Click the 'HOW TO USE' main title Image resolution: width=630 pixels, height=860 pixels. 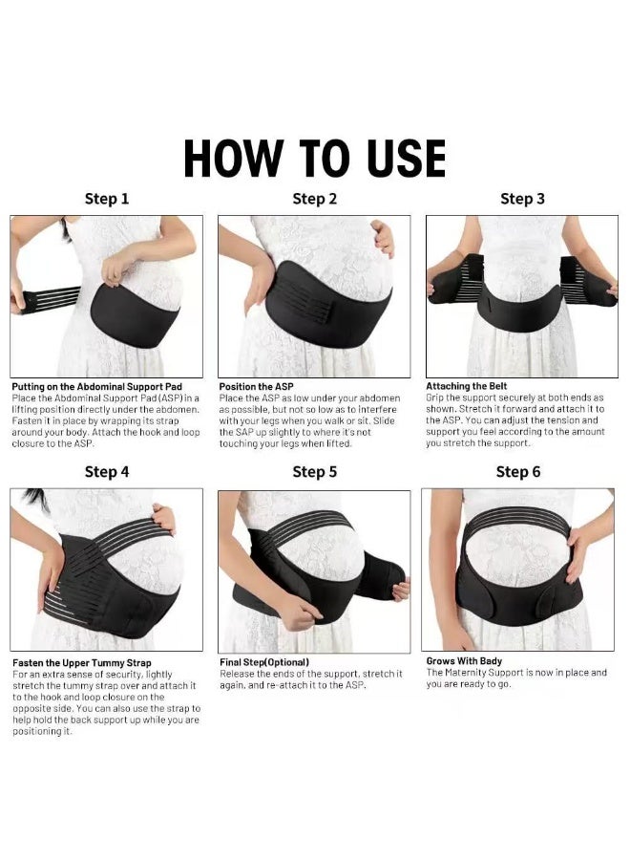pyautogui.click(x=314, y=158)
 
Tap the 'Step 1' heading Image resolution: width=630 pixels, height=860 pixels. pyautogui.click(x=107, y=199)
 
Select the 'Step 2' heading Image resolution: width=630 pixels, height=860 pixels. pyautogui.click(x=314, y=199)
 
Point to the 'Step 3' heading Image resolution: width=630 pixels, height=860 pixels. pyautogui.click(x=522, y=199)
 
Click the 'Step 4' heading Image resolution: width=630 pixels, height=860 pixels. pyautogui.click(x=107, y=471)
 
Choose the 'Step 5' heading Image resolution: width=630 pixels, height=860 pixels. pyautogui.click(x=314, y=471)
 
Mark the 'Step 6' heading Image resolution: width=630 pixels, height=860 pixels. pyautogui.click(x=518, y=471)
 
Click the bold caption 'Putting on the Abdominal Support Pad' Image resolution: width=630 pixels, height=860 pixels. pyautogui.click(x=96, y=387)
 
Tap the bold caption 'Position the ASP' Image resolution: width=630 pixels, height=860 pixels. pyautogui.click(x=256, y=387)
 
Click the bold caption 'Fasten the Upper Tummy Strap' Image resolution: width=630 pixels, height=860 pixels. pyautogui.click(x=81, y=662)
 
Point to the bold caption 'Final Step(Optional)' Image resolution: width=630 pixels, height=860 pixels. pyautogui.click(x=264, y=661)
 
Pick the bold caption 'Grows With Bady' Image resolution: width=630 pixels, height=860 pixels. pyautogui.click(x=464, y=660)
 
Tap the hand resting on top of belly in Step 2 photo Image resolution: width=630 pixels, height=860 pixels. pyautogui.click(x=382, y=236)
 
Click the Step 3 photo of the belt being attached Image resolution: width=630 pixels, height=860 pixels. pyautogui.click(x=521, y=296)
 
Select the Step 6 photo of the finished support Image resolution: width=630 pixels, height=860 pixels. pyautogui.click(x=518, y=570)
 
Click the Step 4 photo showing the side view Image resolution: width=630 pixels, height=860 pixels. pyautogui.click(x=107, y=570)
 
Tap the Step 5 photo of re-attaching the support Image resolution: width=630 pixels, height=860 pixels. pyautogui.click(x=314, y=571)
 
